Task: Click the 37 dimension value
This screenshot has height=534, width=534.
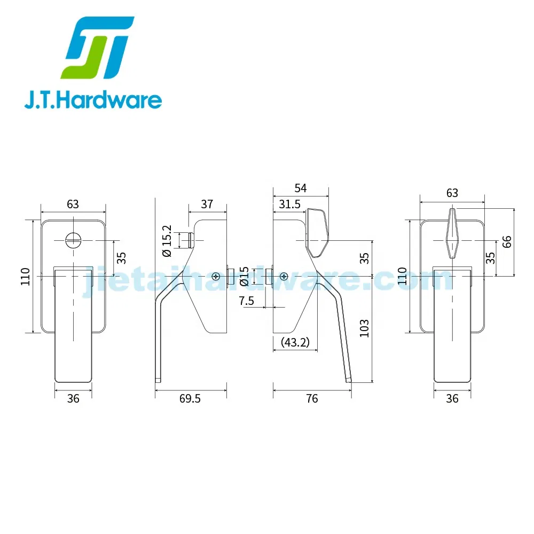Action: pos(207,204)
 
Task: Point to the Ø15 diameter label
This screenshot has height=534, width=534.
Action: pos(244,276)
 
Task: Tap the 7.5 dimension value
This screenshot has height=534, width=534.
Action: pos(247,301)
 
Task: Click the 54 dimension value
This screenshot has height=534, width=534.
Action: pos(301,188)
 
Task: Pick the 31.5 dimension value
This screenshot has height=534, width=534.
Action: pos(289,204)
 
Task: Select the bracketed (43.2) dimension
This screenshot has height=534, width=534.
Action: pos(295,342)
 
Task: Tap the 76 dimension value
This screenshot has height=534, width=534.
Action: pos(312,398)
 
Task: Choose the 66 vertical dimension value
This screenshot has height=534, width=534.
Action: pos(507,241)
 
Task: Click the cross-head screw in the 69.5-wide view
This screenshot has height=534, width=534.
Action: pos(216,276)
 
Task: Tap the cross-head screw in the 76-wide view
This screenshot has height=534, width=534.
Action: pos(284,276)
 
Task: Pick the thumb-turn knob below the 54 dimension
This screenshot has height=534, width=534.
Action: pos(318,232)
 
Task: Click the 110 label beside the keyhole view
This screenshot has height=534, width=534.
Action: pos(25,276)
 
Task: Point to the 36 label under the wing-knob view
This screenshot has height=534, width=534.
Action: pos(452,398)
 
